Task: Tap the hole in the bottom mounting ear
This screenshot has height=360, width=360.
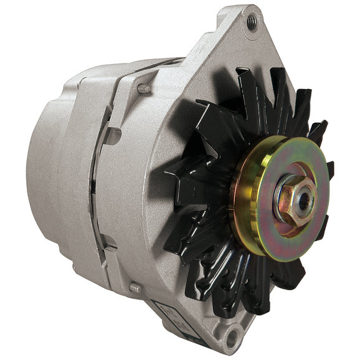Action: tap(232, 338)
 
